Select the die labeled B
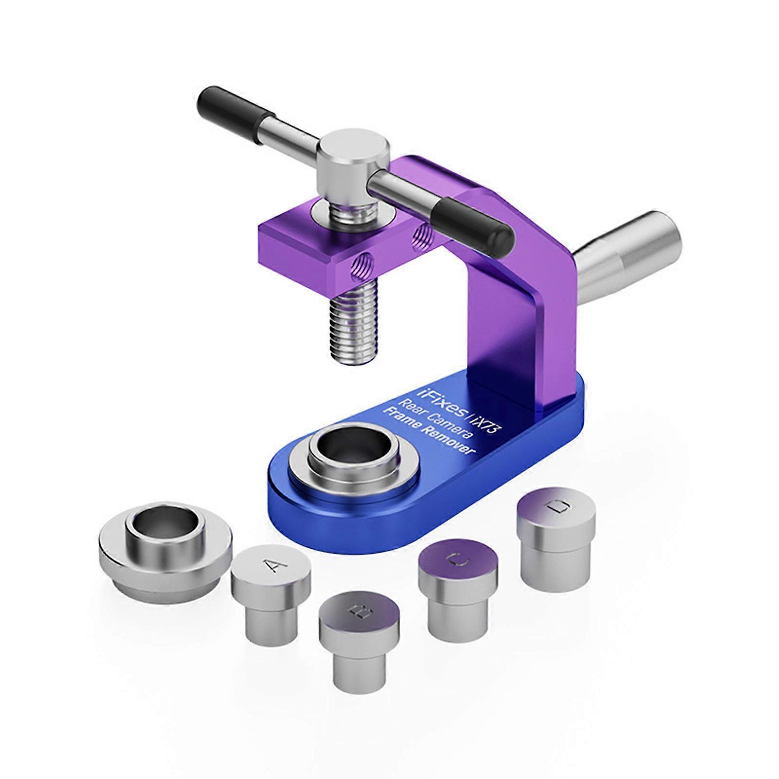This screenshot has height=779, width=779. coord(359,633)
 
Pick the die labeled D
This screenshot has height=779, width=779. coord(557,531)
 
